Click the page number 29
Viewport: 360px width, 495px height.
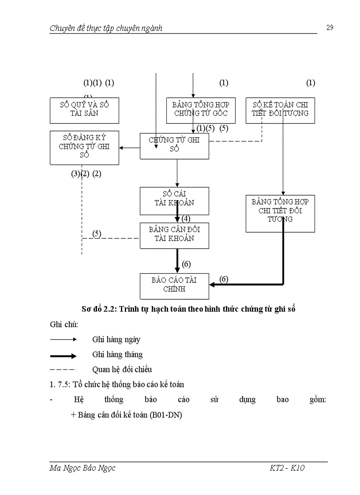(330, 28)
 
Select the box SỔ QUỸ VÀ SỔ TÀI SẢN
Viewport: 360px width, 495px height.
(84, 110)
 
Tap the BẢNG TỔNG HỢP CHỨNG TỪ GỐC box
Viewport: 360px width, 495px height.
(201, 110)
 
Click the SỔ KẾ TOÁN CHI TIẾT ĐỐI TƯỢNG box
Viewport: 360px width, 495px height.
(280, 110)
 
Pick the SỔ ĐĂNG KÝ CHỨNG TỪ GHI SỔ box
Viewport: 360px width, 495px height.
(84, 147)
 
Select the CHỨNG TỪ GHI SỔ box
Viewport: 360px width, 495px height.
(174, 145)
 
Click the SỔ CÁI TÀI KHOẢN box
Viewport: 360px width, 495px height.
(174, 201)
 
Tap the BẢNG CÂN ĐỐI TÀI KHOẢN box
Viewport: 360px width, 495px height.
(174, 235)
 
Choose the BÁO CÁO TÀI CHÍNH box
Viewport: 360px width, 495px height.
(174, 286)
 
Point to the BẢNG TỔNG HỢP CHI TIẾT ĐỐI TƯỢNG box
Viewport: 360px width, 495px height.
(280, 213)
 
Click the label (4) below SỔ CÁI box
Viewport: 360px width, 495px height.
(186, 219)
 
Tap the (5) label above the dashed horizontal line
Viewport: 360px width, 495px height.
(97, 233)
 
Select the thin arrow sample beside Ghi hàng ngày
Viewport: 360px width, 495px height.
(64, 339)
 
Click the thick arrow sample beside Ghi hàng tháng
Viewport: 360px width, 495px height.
(64, 356)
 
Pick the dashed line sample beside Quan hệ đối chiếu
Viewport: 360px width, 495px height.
(64, 369)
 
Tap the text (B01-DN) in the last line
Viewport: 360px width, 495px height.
(166, 415)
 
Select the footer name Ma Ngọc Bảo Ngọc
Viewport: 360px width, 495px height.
(82, 468)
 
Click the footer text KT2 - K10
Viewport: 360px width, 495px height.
(287, 468)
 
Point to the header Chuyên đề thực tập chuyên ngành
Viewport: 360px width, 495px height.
(106, 28)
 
